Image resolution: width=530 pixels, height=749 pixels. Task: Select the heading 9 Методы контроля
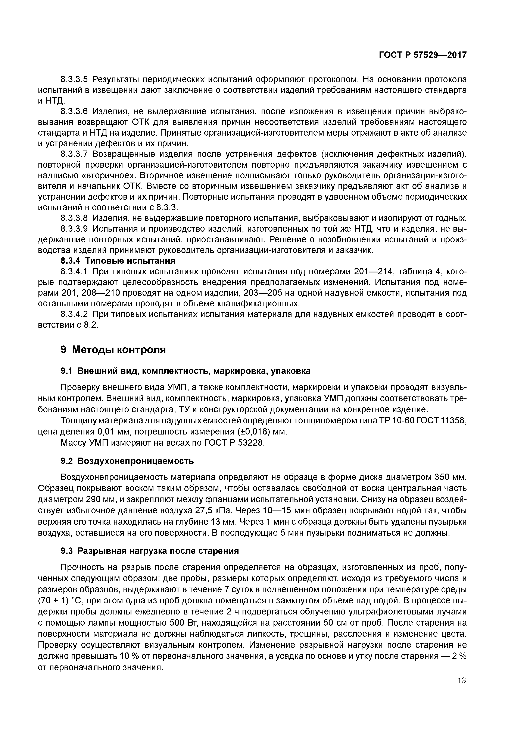[113, 350]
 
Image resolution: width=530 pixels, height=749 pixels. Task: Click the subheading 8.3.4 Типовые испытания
[118, 261]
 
